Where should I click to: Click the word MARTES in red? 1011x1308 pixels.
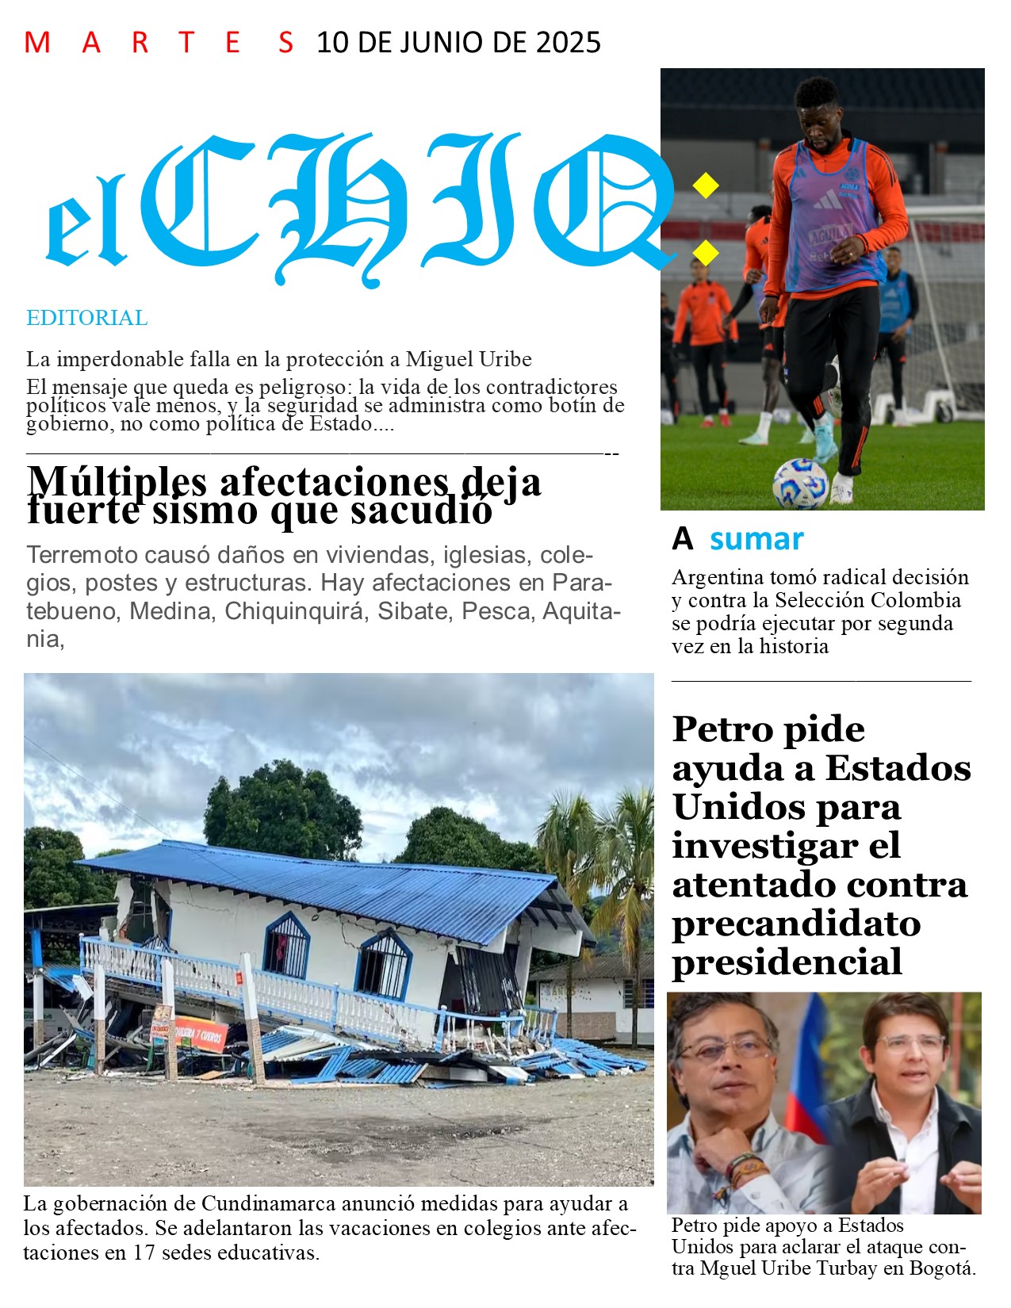pos(159,42)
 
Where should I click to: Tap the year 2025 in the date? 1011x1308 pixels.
pos(568,42)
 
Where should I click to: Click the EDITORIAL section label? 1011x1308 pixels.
pos(86,318)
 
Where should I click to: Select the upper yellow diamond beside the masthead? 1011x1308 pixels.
pos(705,185)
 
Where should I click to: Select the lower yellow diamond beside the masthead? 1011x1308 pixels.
pos(705,253)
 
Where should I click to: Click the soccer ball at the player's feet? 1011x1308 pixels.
pos(800,482)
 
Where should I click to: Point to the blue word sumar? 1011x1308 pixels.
pos(756,539)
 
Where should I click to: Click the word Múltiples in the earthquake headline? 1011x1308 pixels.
pos(117,480)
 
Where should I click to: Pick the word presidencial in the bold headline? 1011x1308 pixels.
pos(787,962)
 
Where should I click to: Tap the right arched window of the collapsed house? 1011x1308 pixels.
pos(385,964)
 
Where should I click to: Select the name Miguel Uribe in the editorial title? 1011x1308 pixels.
pos(469,359)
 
